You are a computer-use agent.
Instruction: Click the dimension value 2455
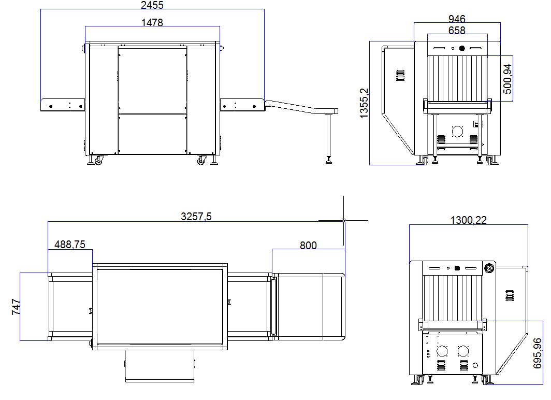click(152, 6)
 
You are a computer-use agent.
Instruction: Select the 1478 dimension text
click(152, 23)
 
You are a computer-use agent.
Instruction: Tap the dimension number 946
click(456, 19)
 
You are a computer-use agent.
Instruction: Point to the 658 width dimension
click(456, 31)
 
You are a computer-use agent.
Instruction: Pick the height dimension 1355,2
click(364, 104)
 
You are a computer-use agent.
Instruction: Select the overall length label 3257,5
click(196, 217)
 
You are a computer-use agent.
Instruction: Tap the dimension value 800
click(308, 245)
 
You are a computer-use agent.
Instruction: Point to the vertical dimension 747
click(16, 307)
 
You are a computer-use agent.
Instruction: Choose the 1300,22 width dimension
click(468, 220)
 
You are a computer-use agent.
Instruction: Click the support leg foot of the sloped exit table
click(329, 160)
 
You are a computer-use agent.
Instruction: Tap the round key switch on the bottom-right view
click(488, 268)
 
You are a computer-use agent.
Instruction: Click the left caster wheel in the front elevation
click(97, 161)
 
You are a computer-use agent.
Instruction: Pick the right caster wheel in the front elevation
click(201, 161)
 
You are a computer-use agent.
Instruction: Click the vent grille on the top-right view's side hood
click(400, 76)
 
